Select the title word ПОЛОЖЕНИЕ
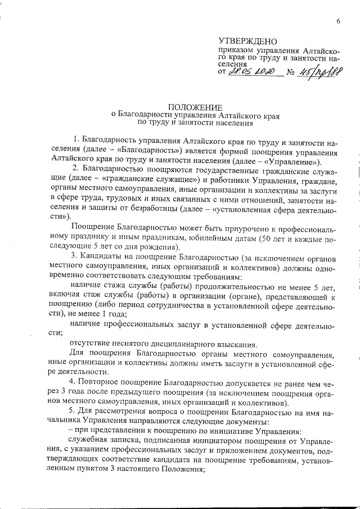coord(196,107)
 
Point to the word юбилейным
coord(199,238)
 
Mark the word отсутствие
coord(90,344)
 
